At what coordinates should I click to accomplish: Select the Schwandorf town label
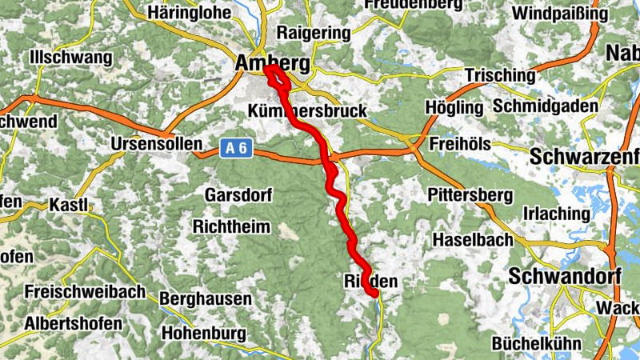click(563, 276)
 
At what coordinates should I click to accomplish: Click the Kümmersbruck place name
click(307, 110)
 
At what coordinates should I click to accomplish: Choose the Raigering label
click(313, 33)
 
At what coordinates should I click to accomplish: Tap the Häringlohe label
click(190, 13)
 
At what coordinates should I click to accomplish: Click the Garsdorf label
click(238, 195)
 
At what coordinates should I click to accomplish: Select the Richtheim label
click(231, 226)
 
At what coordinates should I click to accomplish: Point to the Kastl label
click(68, 205)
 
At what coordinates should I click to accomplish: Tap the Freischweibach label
click(85, 293)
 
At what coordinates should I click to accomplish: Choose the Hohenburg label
click(207, 331)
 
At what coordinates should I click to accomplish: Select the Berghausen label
click(206, 298)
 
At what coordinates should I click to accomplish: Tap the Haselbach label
click(471, 239)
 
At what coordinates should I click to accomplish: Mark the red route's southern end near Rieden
click(374, 294)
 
